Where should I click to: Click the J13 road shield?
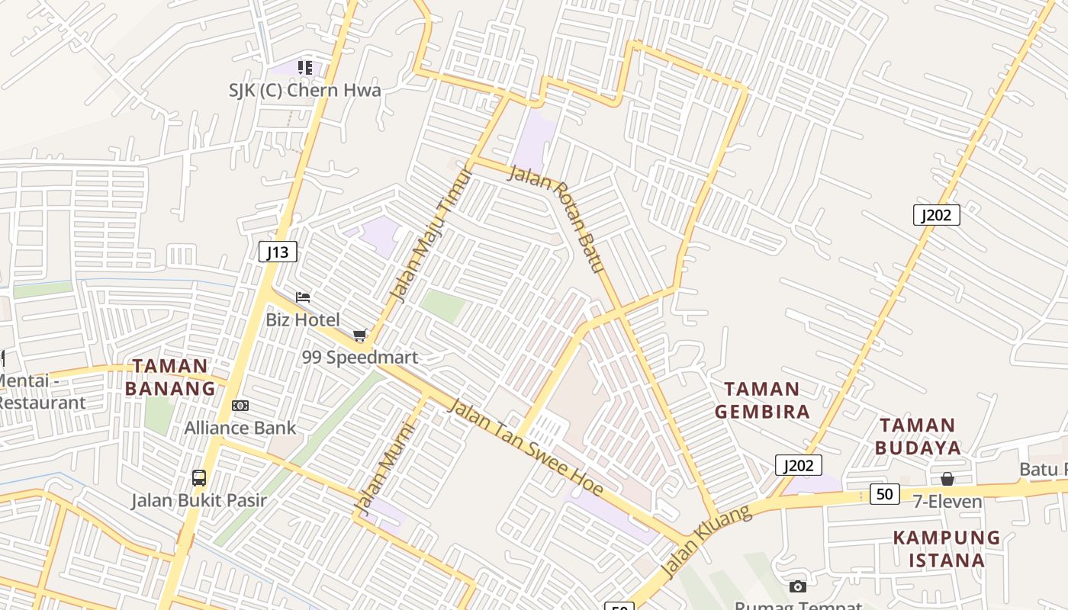click(278, 252)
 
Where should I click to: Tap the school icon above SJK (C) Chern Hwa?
click(305, 68)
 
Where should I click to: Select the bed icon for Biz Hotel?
click(303, 297)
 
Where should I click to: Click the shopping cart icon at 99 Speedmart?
click(360, 335)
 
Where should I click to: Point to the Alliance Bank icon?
click(240, 406)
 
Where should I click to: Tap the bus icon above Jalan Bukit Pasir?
click(198, 478)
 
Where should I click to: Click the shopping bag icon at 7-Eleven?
click(947, 479)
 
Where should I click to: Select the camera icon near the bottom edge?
click(797, 586)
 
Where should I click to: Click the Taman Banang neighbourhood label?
click(170, 377)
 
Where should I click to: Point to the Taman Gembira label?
click(762, 400)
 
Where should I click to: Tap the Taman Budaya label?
click(918, 436)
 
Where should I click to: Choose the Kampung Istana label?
click(947, 549)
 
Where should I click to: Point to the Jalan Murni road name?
click(384, 470)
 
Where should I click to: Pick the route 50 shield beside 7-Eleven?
click(885, 494)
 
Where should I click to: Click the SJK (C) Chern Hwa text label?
click(305, 90)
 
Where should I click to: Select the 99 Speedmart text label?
click(360, 357)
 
